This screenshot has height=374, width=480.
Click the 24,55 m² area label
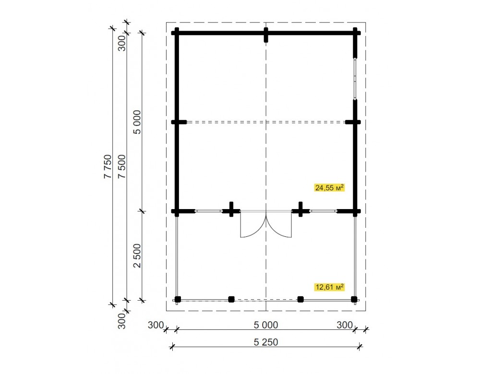[x=329, y=187]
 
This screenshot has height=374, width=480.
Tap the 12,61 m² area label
[x=329, y=287]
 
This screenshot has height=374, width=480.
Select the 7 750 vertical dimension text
[x=108, y=167]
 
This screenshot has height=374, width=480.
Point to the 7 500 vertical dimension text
[x=122, y=167]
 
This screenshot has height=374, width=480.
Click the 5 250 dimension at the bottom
[x=266, y=342]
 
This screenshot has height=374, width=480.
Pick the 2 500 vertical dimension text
[x=137, y=256]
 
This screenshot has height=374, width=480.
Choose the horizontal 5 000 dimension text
[x=266, y=325]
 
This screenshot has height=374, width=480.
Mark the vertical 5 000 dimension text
[x=137, y=122]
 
